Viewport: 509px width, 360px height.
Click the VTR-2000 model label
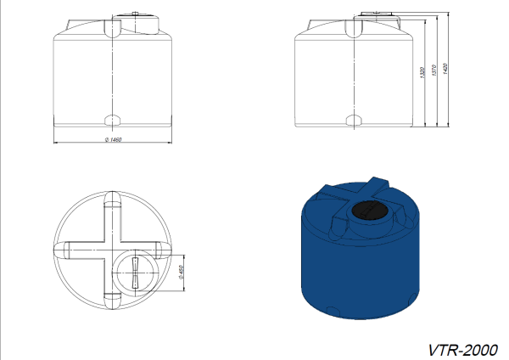pos(463,351)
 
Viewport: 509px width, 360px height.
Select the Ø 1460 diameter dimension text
pos(114,139)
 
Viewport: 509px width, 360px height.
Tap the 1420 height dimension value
pos(445,69)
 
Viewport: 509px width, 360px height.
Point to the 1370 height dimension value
pos(434,70)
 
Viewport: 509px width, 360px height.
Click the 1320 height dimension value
pos(422,72)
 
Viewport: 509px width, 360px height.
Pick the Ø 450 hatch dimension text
pos(182,273)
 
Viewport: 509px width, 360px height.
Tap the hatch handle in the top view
pos(135,273)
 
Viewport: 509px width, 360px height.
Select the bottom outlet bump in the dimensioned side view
pos(354,121)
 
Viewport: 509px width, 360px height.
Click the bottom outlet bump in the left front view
pos(112,121)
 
